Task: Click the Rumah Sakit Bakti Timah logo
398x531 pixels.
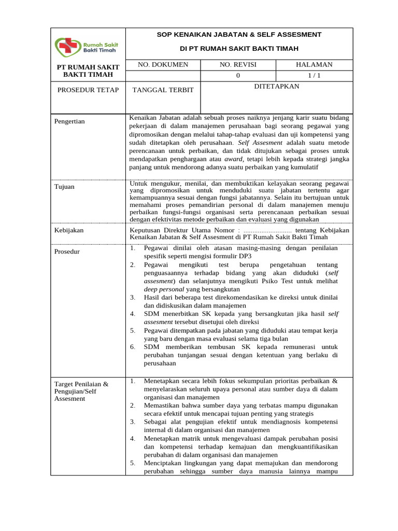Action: [88, 46]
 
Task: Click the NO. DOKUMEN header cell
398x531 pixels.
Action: [162, 64]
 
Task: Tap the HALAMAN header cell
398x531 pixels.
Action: [314, 64]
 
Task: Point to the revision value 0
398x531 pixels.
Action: [238, 75]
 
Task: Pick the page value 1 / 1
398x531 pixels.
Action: [314, 75]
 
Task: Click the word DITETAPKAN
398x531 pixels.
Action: [276, 86]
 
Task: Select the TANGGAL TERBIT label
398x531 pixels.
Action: [163, 90]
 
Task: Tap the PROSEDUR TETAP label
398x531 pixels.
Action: [88, 90]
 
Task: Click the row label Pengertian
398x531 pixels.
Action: [69, 121]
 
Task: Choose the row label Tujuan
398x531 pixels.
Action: [64, 187]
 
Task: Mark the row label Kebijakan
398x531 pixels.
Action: [69, 230]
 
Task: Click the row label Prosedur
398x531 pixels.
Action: [68, 251]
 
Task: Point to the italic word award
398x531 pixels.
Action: [233, 159]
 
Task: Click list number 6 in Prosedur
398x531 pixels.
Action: [133, 346]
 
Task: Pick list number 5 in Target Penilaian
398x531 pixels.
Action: [133, 463]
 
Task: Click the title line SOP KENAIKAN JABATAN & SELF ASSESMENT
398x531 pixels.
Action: [239, 34]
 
